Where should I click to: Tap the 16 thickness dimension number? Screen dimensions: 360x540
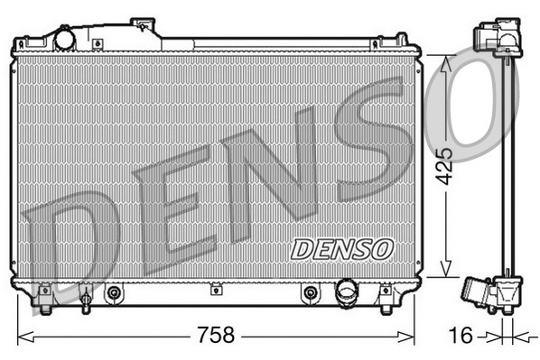click(461, 336)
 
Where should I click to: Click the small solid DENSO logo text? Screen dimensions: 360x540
click(342, 246)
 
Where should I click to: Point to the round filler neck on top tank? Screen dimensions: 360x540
click(65, 40)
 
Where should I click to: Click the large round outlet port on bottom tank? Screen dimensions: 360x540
click(347, 292)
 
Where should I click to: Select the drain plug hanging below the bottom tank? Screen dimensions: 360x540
click(85, 300)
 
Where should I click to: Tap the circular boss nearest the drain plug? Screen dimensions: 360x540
click(114, 292)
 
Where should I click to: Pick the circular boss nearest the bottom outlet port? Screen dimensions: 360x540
click(311, 292)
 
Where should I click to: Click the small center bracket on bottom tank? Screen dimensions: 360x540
click(216, 290)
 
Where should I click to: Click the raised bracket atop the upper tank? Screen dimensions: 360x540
click(144, 26)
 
